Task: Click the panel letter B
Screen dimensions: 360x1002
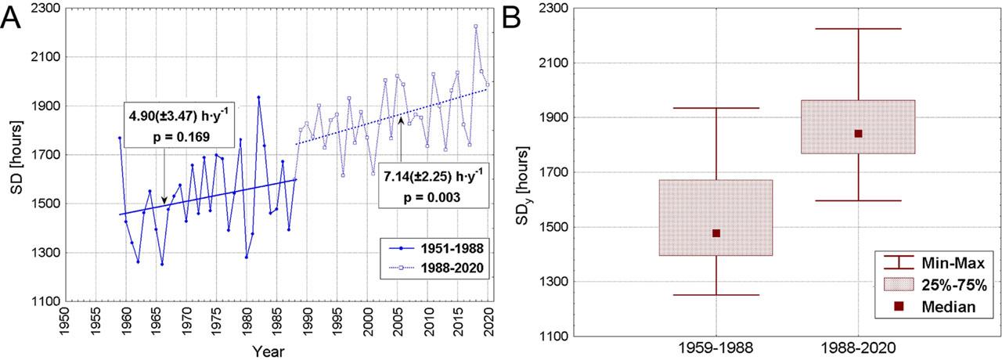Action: [x=513, y=17]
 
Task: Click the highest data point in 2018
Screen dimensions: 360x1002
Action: [x=475, y=26]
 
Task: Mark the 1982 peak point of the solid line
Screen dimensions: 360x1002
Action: [x=258, y=97]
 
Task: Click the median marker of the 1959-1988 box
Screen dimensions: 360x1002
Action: [x=716, y=233]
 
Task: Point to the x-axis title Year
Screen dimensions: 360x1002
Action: [x=269, y=351]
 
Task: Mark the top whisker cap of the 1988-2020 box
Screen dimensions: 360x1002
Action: [x=859, y=29]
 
